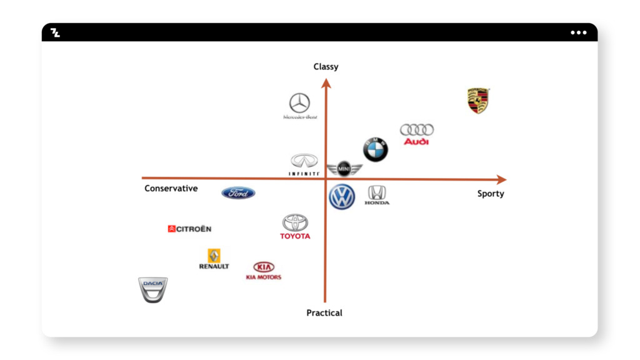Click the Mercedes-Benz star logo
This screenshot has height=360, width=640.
click(299, 103)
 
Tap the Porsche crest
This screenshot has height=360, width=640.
click(478, 101)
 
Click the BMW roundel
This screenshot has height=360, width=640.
click(376, 150)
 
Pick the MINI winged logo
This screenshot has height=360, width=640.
click(344, 169)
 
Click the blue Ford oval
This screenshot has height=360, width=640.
click(238, 193)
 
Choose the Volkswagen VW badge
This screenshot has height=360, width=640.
click(342, 197)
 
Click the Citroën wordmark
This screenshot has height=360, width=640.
click(190, 229)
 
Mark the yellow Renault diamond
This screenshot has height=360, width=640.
click(214, 256)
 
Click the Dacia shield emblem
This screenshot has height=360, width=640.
click(152, 290)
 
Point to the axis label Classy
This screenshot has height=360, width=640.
click(326, 67)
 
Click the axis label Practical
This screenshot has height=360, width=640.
click(324, 312)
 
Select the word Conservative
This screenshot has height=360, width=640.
click(171, 189)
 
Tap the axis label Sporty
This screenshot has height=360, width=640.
click(491, 194)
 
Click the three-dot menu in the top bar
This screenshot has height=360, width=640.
click(578, 32)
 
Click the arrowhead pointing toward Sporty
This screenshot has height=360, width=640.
click(501, 180)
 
